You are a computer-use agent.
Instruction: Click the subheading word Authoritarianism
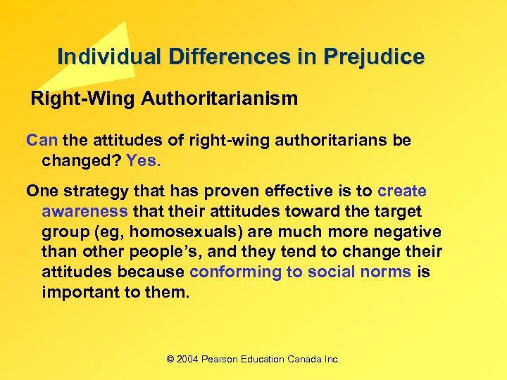pos(220,99)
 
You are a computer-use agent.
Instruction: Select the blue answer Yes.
pos(144,160)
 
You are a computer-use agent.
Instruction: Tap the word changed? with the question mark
pos(81,160)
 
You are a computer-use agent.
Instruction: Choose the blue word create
pos(402,191)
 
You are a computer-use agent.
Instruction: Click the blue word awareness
pos(84,211)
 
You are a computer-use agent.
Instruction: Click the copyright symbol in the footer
pos(170,360)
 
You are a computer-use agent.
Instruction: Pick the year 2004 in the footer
pos(188,360)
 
